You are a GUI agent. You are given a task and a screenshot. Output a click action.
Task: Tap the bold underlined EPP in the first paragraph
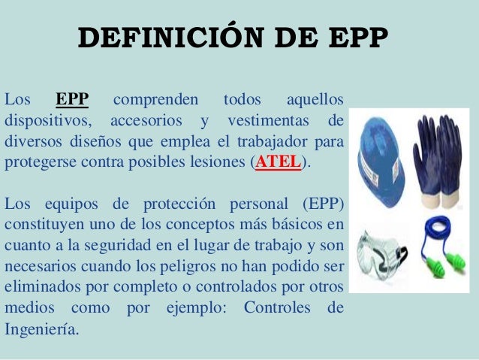72,99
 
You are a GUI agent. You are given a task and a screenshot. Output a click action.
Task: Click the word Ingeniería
41,328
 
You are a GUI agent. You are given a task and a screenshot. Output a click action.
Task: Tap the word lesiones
218,162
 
